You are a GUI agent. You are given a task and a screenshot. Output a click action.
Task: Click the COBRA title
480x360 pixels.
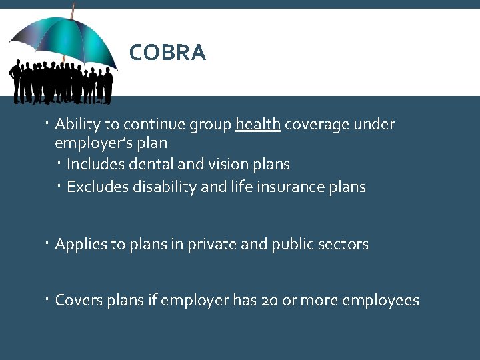(167, 53)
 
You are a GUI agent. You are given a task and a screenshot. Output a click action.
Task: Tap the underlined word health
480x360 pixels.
(258, 125)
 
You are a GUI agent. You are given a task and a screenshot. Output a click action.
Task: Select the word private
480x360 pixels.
(208, 245)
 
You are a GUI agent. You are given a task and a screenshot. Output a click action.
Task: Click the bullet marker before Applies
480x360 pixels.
(49, 243)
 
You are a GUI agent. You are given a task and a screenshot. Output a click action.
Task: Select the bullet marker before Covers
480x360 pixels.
(49, 299)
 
